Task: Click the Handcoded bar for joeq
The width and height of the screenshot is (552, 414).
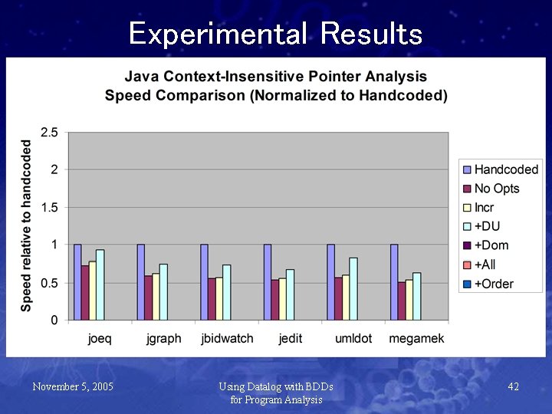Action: tap(77, 281)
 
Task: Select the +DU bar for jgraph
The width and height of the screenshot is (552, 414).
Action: tap(163, 291)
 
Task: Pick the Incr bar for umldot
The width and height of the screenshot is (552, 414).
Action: tap(346, 297)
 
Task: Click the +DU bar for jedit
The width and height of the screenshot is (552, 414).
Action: tap(290, 294)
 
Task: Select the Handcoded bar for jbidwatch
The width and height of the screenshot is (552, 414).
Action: tap(205, 281)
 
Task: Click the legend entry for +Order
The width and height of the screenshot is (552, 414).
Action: tap(494, 284)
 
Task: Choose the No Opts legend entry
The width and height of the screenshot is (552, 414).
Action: tap(496, 189)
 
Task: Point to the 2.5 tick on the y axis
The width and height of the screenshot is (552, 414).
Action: tap(49, 133)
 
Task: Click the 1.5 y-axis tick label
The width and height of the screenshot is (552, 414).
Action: tap(49, 208)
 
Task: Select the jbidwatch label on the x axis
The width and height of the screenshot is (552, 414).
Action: tap(227, 339)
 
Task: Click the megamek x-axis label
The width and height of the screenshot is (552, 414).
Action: tap(416, 339)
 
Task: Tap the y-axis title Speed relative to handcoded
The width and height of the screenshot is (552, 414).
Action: tap(27, 225)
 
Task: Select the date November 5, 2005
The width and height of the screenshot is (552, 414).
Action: tap(73, 386)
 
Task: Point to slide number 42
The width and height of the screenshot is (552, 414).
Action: tap(513, 386)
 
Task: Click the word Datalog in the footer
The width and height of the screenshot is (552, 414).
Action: tap(267, 386)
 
